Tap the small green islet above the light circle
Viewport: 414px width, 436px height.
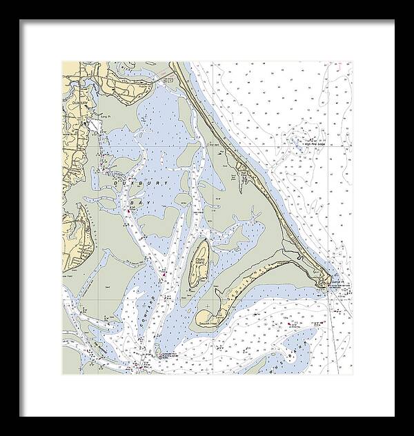click(x=157, y=350)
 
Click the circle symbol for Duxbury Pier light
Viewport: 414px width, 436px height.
click(x=161, y=357)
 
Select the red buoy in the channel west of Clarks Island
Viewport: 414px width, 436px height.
click(x=164, y=276)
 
